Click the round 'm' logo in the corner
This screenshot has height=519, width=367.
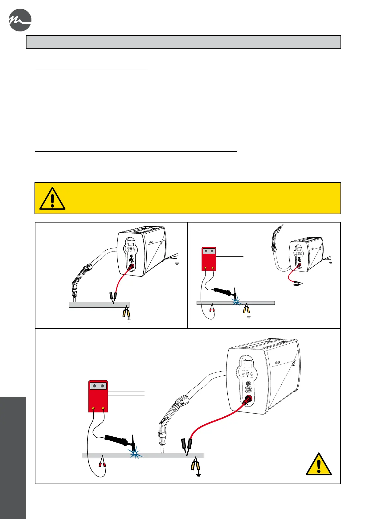(20, 20)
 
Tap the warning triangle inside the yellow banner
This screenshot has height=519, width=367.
(52, 199)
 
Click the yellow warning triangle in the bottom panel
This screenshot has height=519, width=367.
(319, 464)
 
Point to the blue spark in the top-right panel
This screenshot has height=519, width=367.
(236, 301)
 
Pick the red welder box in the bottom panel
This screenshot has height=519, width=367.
(98, 396)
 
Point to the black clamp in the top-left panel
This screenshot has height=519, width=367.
(113, 296)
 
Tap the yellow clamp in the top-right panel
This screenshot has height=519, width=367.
(246, 309)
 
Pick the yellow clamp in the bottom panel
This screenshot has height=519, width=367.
(195, 464)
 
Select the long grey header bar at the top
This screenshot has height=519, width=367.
(183, 42)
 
